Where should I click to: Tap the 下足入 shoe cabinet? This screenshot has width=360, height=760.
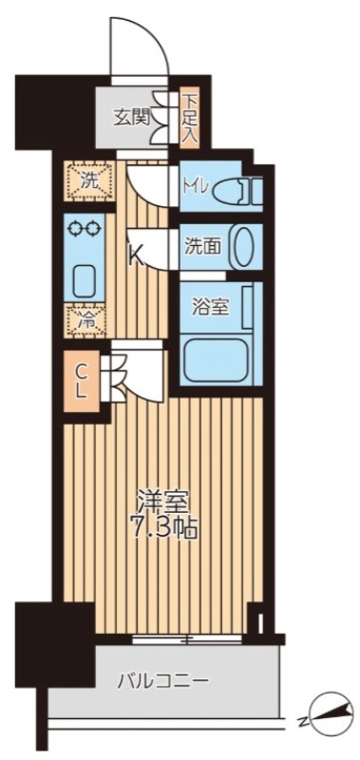point(189,118)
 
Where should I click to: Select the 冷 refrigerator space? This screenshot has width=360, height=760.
point(86,320)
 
